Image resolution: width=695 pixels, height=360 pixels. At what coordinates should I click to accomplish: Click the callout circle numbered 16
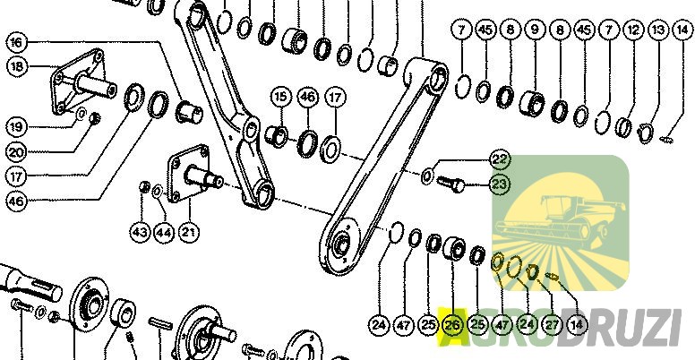(17, 43)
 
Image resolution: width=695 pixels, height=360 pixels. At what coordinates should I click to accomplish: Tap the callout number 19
(16, 127)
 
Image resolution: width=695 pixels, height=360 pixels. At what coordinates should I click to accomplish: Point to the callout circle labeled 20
(16, 152)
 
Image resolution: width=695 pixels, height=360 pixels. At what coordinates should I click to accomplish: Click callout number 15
(280, 97)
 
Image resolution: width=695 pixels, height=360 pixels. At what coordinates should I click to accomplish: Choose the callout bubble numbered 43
(141, 232)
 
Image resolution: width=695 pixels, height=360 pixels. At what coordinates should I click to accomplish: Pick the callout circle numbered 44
(165, 232)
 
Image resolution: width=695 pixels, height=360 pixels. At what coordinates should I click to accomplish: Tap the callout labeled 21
(189, 232)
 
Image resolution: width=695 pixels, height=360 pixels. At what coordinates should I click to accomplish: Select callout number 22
(500, 159)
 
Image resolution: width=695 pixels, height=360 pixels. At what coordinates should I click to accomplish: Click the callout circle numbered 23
(500, 184)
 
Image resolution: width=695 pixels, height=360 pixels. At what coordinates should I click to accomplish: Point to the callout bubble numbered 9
(536, 30)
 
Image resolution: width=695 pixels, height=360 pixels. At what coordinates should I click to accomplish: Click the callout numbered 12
(633, 30)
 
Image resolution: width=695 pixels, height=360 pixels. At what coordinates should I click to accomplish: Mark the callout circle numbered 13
(658, 30)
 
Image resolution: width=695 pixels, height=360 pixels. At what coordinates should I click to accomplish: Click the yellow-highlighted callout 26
(452, 325)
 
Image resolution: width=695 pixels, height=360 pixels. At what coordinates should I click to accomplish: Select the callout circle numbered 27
(552, 325)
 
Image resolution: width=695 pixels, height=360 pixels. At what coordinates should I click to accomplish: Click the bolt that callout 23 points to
(450, 184)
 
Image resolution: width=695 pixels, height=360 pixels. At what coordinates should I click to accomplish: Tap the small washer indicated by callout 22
(427, 177)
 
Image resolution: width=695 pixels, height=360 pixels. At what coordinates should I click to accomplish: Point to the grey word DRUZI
(620, 328)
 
